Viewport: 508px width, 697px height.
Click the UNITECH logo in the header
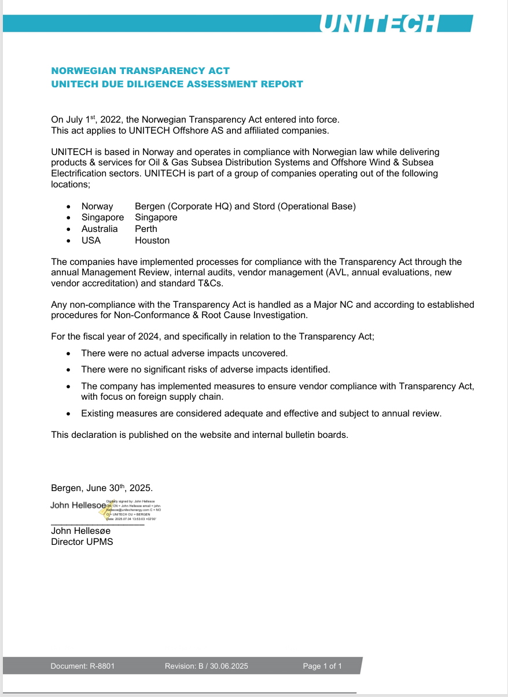point(378,23)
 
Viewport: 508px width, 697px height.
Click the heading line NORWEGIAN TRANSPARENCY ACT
point(141,71)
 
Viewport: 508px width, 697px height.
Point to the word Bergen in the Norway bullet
point(148,206)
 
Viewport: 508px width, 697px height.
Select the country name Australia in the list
point(100,229)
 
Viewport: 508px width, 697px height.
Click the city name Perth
point(146,229)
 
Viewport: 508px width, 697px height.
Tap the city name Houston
point(152,241)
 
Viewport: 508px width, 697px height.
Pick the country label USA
point(91,241)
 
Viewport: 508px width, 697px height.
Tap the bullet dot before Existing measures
point(69,414)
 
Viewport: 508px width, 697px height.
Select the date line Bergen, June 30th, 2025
point(102,488)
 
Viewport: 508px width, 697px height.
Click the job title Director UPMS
point(82,542)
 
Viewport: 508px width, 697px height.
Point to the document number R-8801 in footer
point(102,666)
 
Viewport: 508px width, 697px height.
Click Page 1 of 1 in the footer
point(322,666)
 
